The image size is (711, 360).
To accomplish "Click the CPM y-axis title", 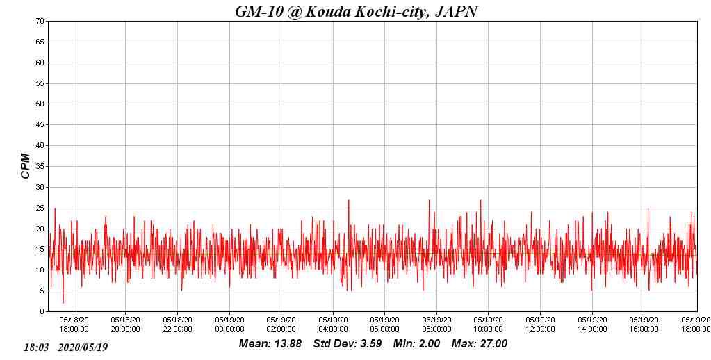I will coord(26,166).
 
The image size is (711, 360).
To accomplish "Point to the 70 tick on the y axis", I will coord(40,22).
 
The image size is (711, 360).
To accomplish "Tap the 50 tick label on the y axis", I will coord(40,104).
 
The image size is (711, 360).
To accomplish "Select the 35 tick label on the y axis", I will coord(40,167).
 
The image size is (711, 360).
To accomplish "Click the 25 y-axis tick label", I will coord(40,208).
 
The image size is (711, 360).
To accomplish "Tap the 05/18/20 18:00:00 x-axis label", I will coord(74,325).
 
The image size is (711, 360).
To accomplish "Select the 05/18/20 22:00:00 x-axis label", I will coord(178,325).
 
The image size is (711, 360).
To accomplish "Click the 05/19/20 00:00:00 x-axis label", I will coord(229,325).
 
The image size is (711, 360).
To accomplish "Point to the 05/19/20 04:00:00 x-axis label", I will coord(333,325).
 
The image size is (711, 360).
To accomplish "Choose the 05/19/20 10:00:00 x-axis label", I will coord(488,325).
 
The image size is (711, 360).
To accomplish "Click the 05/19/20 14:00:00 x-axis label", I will coord(591,325).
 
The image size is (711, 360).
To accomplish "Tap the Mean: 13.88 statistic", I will coord(270,344).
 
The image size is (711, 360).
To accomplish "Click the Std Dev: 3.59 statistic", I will coord(348,344).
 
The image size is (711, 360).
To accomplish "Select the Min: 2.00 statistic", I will coord(416,344).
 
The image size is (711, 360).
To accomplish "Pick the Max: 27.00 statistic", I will coord(480,344).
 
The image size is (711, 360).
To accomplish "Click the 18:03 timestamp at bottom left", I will coord(36,347).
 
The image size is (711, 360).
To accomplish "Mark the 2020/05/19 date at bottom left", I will coord(83,347).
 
